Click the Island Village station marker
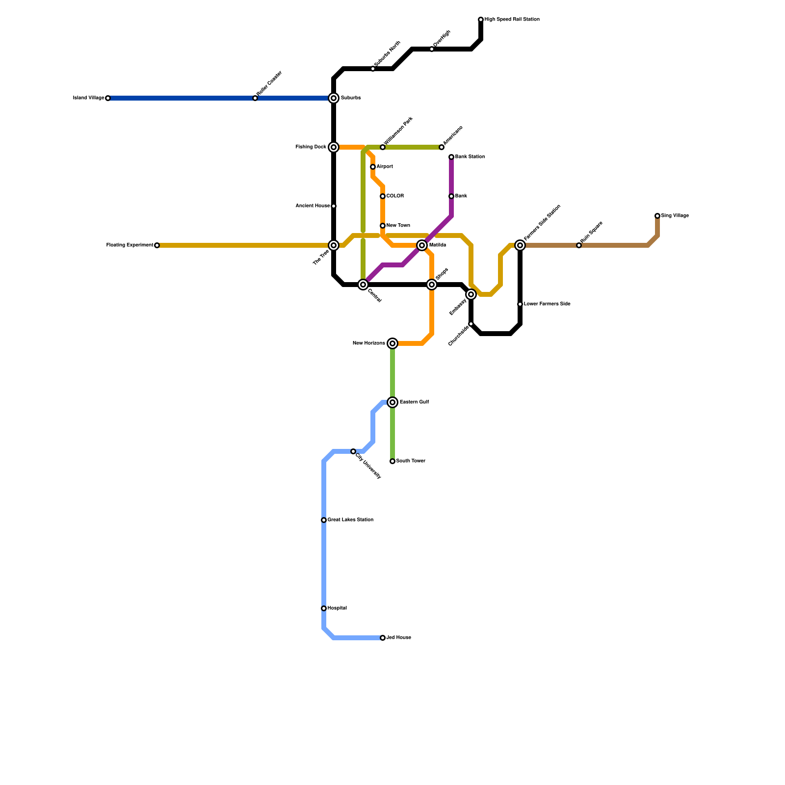[108, 98]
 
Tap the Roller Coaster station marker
[255, 98]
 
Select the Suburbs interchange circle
[334, 98]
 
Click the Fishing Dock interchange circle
[334, 147]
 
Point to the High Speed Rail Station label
[512, 20]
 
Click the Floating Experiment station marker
[157, 245]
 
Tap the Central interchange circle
[363, 285]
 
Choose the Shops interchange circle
[432, 285]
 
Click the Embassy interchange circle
[471, 294]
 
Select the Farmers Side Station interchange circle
[520, 245]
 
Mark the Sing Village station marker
[657, 216]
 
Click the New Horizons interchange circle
[392, 343]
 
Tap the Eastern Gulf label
[414, 402]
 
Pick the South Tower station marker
[392, 461]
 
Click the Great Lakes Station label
[350, 520]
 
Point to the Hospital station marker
[324, 608]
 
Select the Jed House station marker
[383, 638]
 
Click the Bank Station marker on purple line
[451, 157]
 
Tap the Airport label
[385, 167]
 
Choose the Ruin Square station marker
[579, 245]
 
